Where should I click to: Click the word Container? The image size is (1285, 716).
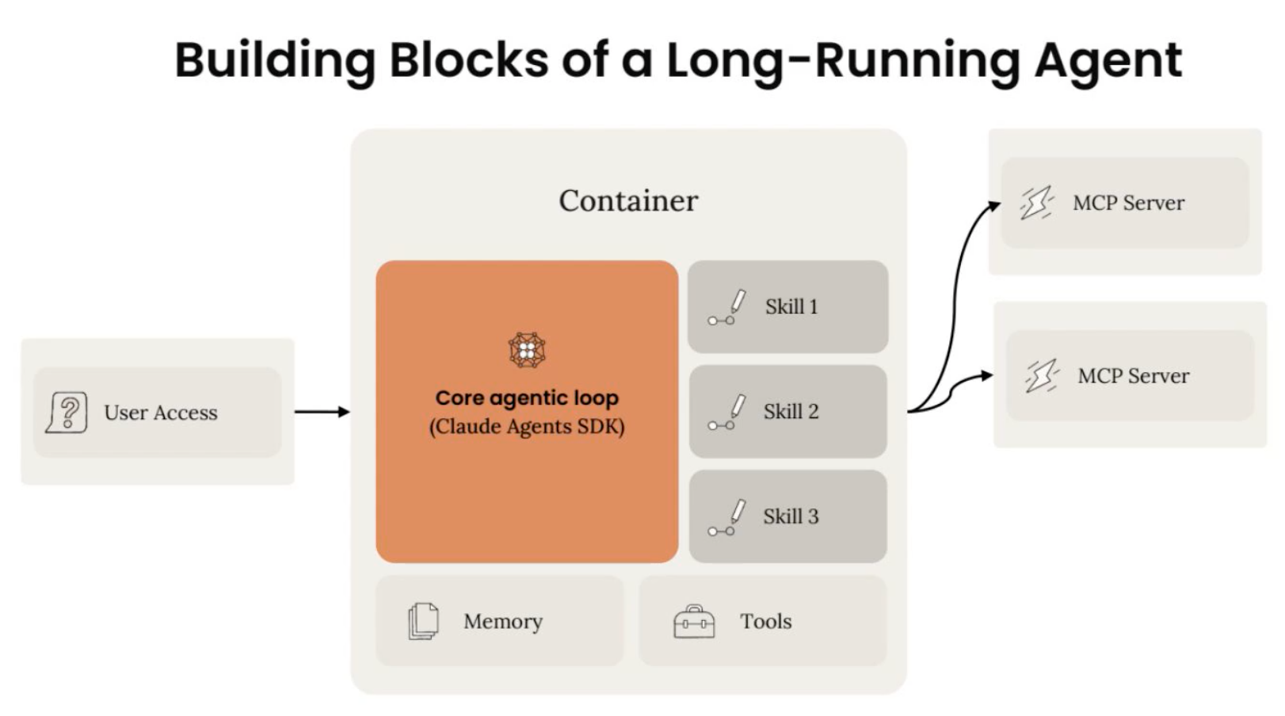click(628, 201)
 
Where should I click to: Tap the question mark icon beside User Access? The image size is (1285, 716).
click(67, 412)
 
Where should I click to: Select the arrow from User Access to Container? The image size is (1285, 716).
click(322, 411)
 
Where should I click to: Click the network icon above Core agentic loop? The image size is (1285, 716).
click(527, 350)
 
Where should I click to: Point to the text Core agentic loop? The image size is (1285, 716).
click(527, 398)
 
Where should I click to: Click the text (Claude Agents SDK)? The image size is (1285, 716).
click(527, 426)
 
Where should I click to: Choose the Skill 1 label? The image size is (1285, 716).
click(791, 307)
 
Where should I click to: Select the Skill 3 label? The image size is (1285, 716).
click(791, 516)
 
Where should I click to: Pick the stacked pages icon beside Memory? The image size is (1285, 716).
click(423, 621)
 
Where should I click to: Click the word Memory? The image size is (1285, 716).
click(503, 621)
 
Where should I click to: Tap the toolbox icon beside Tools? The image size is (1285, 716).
click(694, 621)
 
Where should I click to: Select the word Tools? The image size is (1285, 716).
click(766, 621)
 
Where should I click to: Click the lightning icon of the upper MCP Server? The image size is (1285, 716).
click(1037, 203)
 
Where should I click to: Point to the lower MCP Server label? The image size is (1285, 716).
click(1134, 375)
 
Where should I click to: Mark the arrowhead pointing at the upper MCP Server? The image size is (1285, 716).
click(994, 206)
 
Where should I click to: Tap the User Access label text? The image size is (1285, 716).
click(161, 413)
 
